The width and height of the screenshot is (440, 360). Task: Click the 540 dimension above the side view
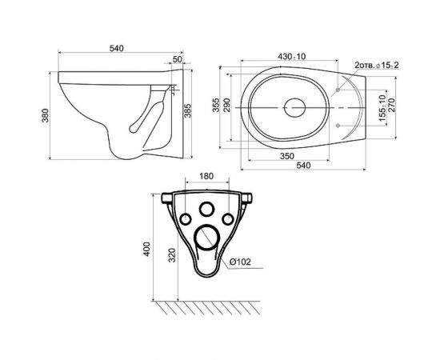tap(116, 49)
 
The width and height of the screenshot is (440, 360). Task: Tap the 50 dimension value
tap(177, 59)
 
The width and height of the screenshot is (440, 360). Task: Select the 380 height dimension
tap(45, 115)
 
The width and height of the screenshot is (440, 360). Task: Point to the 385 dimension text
tap(187, 110)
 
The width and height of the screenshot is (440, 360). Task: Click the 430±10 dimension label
tap(291, 56)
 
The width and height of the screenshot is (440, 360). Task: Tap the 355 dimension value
tap(216, 105)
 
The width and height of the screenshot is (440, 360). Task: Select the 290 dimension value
tap(226, 105)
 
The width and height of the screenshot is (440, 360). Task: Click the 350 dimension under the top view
tap(287, 156)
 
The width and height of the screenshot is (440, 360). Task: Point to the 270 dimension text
tap(391, 105)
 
